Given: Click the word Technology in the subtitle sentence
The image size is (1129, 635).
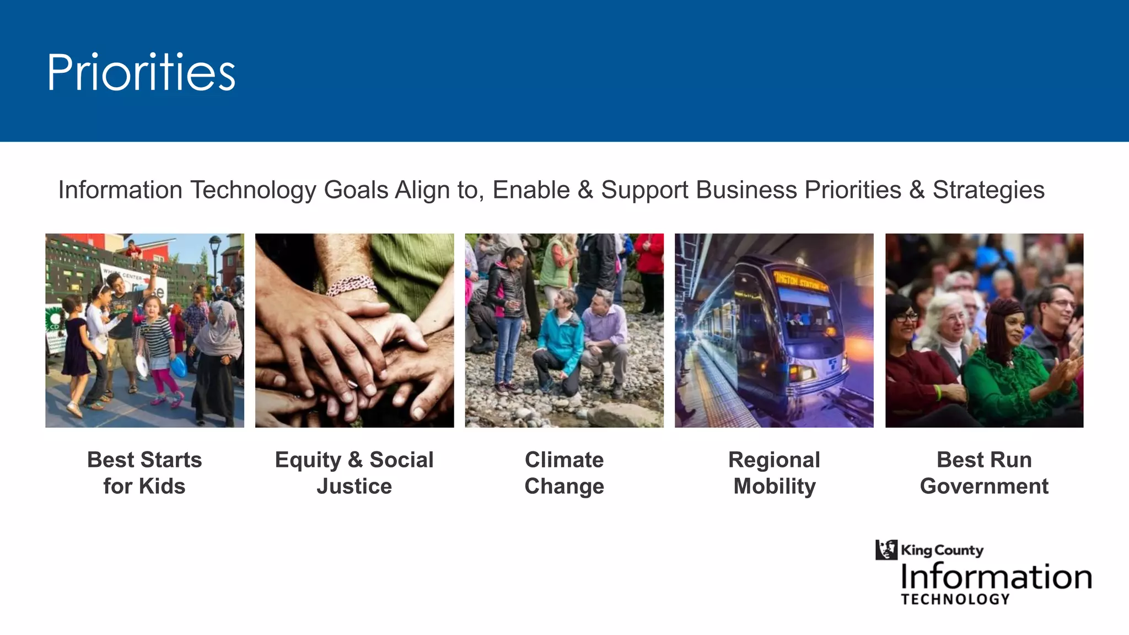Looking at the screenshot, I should point(253,190).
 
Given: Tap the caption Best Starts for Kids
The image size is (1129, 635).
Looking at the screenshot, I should point(144,472).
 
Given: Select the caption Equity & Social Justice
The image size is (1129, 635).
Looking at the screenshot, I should point(354,472).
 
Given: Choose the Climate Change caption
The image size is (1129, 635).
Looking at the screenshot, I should point(564,472).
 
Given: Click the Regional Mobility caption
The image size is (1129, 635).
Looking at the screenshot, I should point(774,472).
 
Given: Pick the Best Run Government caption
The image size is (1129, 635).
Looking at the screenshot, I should point(984,472).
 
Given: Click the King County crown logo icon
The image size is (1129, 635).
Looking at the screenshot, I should point(886,550).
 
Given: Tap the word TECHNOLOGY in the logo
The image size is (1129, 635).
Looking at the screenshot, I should point(955,599).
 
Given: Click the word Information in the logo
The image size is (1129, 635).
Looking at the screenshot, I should point(996,577).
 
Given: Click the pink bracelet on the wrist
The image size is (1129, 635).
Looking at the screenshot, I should point(351,285).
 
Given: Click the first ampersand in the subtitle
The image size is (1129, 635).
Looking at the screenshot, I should point(585,190).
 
